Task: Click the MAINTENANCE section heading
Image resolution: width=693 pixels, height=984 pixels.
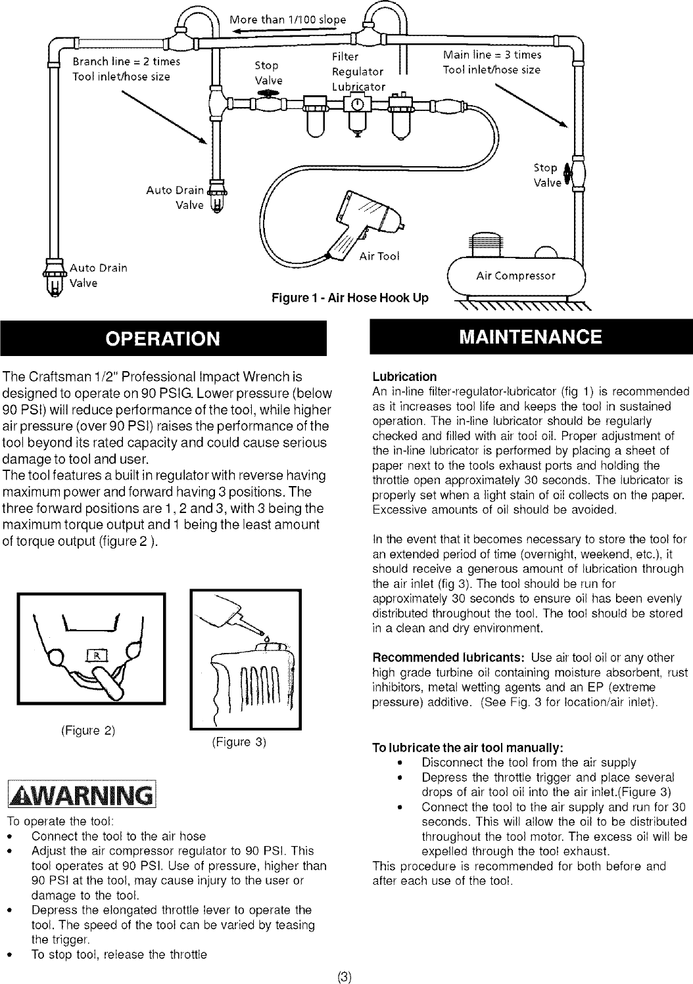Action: pyautogui.click(x=530, y=337)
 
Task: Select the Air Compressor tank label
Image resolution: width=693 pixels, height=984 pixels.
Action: pyautogui.click(x=515, y=275)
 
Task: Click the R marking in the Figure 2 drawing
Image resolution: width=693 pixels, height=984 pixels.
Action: pyautogui.click(x=96, y=657)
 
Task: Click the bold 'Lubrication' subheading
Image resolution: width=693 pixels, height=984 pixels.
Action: pyautogui.click(x=404, y=377)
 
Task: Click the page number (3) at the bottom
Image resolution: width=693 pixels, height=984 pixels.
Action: pyautogui.click(x=346, y=976)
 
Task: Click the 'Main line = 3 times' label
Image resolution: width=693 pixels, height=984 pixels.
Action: pyautogui.click(x=492, y=55)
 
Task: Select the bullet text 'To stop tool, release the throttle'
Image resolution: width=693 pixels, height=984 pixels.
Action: pyautogui.click(x=119, y=954)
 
